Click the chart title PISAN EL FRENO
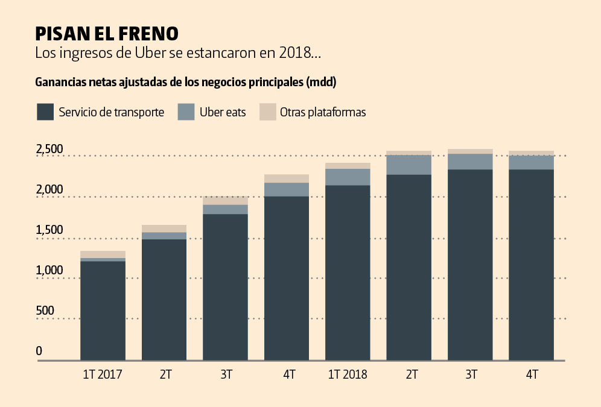106,33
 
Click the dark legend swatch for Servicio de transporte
45,112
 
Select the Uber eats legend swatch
186,112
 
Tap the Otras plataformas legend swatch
267,112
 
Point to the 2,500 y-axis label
49,149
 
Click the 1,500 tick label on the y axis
49,230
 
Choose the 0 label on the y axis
39,351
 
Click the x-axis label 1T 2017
103,374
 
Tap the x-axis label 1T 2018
348,374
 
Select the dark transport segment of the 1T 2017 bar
103,311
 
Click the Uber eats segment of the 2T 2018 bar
409,165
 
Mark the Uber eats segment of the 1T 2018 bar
348,177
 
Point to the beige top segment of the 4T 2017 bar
287,178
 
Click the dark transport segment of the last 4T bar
532,265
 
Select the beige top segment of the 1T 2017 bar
103,254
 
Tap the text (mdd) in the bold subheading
321,82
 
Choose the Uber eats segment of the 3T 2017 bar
225,209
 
